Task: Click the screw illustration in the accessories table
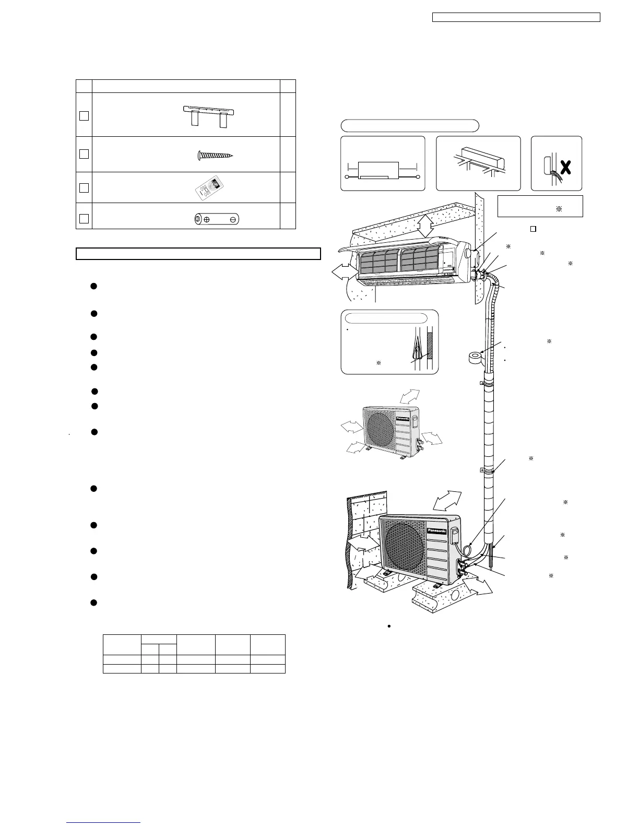215,155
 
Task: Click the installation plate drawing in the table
208,116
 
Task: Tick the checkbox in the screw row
84,154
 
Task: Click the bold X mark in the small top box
565,167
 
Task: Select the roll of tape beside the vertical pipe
475,358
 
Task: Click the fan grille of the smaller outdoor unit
380,428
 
